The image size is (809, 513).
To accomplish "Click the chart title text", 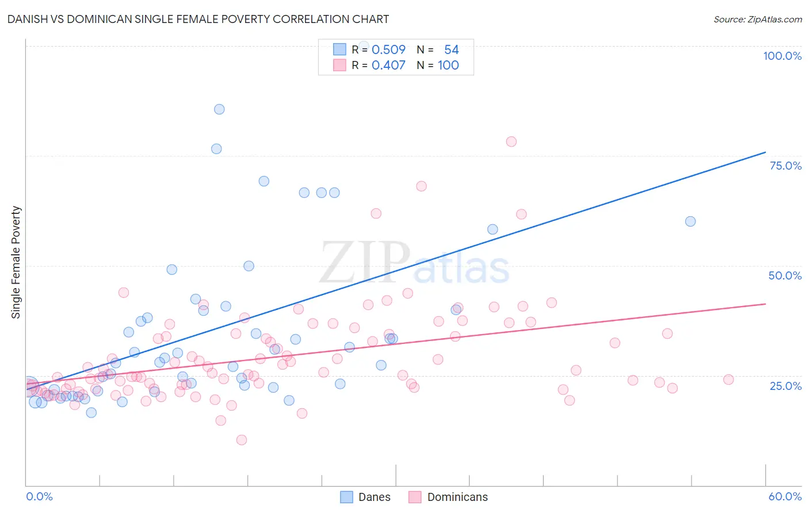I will (x=198, y=19).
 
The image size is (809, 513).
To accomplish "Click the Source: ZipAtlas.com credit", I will (x=757, y=19).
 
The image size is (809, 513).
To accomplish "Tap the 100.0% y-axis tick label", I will (x=782, y=56).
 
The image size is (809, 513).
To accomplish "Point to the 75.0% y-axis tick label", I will (x=785, y=166).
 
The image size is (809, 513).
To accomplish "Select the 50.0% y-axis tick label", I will (x=785, y=275).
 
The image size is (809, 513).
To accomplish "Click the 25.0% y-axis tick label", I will (x=785, y=385).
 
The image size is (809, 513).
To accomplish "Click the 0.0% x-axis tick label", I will (x=39, y=496).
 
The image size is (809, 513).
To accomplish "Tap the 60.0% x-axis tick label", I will (x=785, y=496).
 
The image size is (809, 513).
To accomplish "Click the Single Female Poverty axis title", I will (x=16, y=262).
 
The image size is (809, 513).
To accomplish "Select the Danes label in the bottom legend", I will (x=374, y=497).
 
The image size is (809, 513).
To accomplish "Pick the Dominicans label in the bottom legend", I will (x=457, y=497).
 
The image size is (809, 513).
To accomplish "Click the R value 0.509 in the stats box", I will (x=388, y=49).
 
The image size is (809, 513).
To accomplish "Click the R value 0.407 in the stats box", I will (x=388, y=65).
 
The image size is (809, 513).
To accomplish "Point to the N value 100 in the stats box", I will (x=448, y=65).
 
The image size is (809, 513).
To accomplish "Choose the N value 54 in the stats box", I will (x=451, y=49).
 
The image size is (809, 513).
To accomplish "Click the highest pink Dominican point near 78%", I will (x=511, y=141).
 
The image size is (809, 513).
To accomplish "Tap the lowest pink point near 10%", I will (x=242, y=440).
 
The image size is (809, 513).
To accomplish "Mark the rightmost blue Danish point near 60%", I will (x=690, y=221).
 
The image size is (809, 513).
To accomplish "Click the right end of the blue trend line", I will (x=765, y=152).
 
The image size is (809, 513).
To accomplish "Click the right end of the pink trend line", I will (x=765, y=304).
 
